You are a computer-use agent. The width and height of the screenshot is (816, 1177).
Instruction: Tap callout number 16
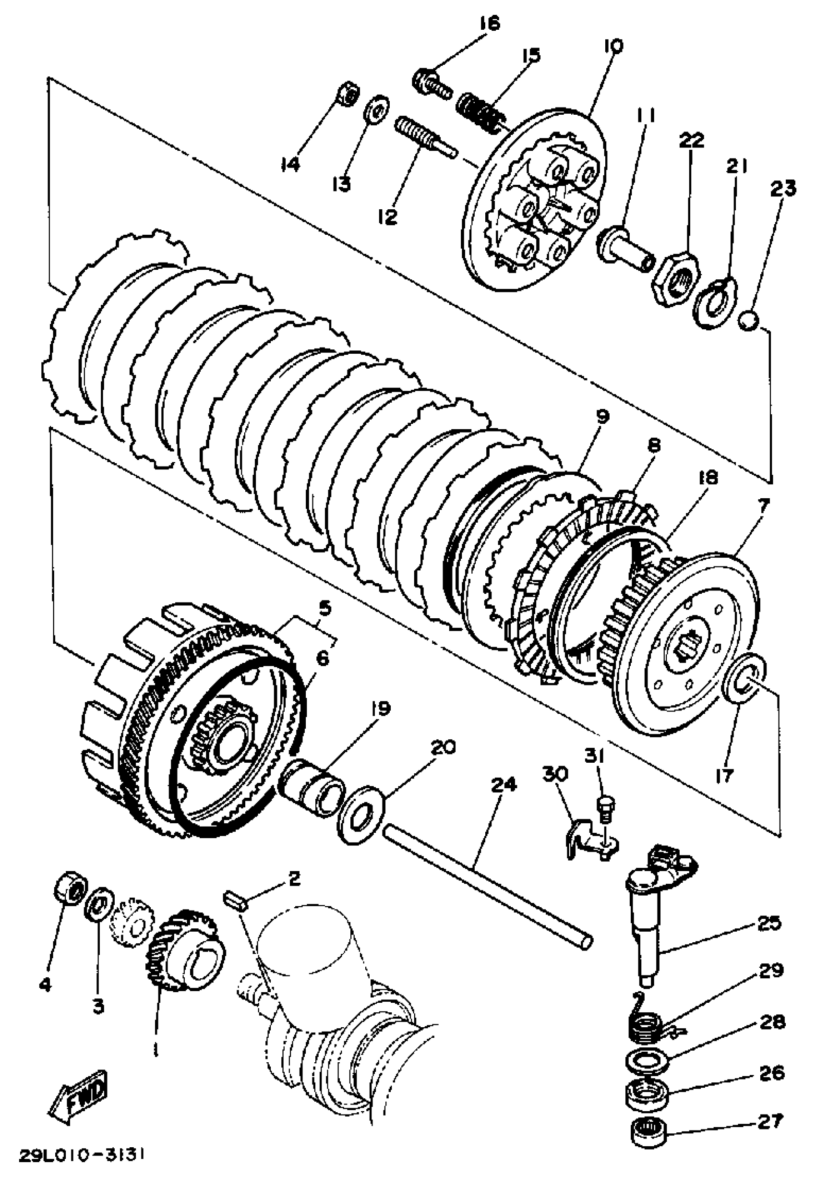[x=489, y=24]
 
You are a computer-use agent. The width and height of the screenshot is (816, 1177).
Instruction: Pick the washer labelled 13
[x=376, y=108]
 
